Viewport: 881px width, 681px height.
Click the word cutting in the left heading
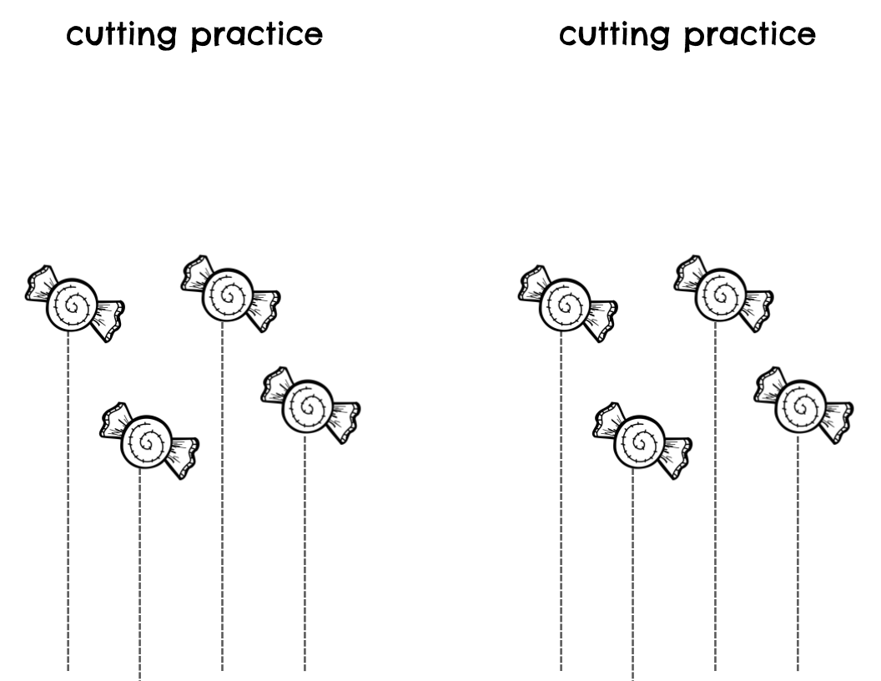(x=118, y=36)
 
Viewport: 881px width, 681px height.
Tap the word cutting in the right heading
(x=610, y=36)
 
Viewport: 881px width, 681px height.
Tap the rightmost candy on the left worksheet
(x=310, y=405)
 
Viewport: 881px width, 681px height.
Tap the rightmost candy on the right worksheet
(x=803, y=405)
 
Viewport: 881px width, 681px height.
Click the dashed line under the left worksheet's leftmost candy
(x=68, y=501)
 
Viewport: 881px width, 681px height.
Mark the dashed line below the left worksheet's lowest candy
(x=139, y=576)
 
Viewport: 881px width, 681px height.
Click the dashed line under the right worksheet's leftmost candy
(x=561, y=501)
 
